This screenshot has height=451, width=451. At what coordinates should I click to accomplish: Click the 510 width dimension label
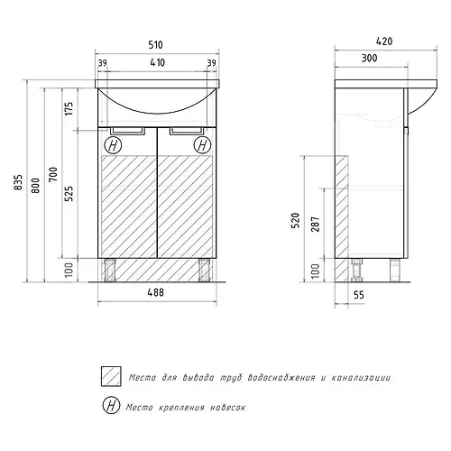(155, 45)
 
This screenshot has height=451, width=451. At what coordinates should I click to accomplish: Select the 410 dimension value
(157, 62)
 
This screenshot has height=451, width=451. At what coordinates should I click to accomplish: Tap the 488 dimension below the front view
(156, 292)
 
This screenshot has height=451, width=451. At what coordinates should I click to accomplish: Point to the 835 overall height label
(18, 182)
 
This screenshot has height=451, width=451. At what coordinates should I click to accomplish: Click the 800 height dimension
(35, 186)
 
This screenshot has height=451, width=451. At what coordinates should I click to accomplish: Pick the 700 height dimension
(53, 174)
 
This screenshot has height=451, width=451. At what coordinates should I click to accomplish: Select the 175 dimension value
(69, 109)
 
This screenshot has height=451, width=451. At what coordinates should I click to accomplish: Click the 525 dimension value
(69, 194)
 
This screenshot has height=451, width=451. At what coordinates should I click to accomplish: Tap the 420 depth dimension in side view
(384, 41)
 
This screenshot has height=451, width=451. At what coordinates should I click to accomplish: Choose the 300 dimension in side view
(369, 58)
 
